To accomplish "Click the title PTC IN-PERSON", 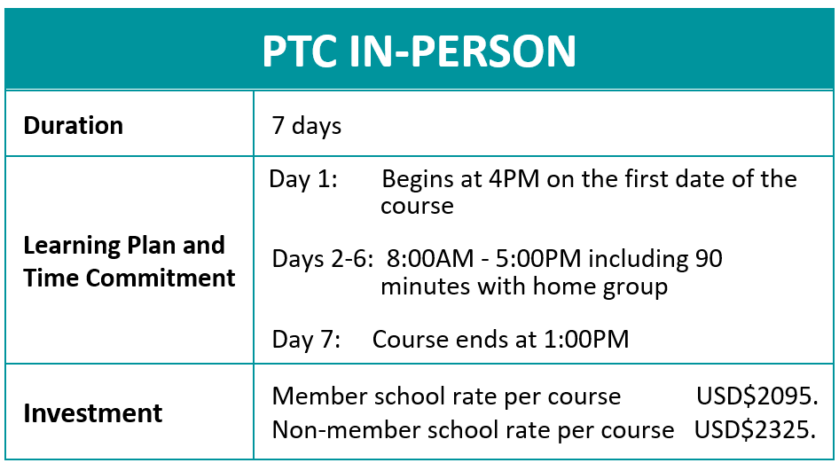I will (x=419, y=52).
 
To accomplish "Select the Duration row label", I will (x=74, y=125).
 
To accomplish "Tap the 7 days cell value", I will (x=306, y=125).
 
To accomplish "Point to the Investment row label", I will (x=93, y=413).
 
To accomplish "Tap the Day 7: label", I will (x=306, y=340).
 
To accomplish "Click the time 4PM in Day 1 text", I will (x=514, y=179).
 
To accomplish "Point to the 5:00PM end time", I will (x=537, y=260).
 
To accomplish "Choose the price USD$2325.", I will (x=755, y=430).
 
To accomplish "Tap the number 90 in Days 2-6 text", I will (x=709, y=260).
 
